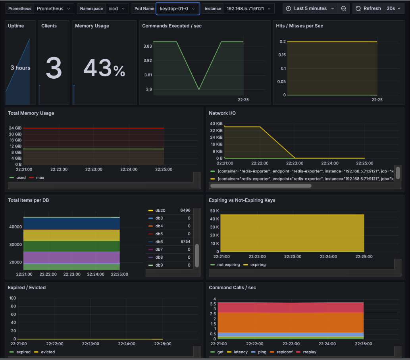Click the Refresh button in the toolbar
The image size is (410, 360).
point(368,8)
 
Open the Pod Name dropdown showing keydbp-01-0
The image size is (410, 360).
point(177,8)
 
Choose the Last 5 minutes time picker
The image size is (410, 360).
point(310,8)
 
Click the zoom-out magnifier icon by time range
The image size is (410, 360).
point(344,8)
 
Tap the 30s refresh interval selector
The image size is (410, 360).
point(394,8)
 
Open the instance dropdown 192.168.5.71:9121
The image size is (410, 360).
point(249,8)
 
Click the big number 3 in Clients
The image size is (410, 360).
point(54,68)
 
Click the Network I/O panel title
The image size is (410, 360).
point(222,113)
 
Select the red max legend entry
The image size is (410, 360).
point(40,178)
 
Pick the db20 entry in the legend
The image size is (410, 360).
point(160,210)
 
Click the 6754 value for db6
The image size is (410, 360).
point(185,242)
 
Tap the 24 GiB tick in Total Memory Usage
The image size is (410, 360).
point(15,128)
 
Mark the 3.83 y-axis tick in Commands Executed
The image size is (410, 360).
point(148,46)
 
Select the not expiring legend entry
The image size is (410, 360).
point(228,265)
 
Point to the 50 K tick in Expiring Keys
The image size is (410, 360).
point(214,211)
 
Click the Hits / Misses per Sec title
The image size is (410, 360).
point(299,26)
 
